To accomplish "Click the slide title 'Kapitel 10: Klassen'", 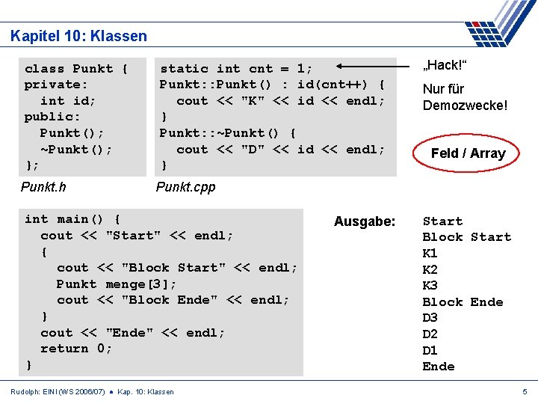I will tap(79, 36).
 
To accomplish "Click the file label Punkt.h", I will tap(43, 187).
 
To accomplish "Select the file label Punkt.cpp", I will tap(185, 187).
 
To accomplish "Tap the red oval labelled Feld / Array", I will tap(468, 153).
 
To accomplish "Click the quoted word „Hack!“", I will tap(446, 66).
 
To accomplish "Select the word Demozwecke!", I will tap(465, 105).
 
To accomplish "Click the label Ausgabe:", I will tap(365, 221).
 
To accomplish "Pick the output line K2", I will tap(430, 269).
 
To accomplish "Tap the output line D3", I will tap(430, 318).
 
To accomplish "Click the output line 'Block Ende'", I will tap(463, 302).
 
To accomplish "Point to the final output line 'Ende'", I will tap(439, 367).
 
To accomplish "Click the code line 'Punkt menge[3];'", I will tap(117, 284).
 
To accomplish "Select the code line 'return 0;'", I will tap(75, 349).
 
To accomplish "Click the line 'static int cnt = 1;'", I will tap(236, 69).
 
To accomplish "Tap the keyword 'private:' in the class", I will tap(56, 85).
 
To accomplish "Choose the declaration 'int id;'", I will tap(68, 101).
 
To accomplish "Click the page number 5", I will tap(524, 391).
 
